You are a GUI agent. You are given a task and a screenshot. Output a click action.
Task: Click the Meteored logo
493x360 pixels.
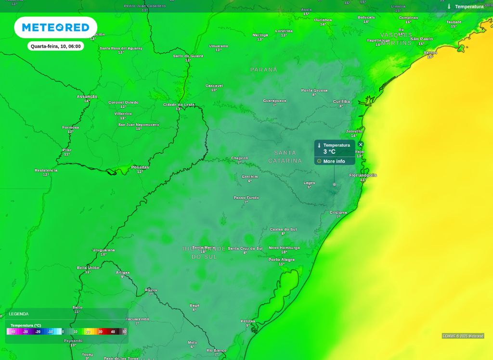point(55,27)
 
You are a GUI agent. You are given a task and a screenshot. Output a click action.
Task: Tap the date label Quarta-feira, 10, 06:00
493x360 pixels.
point(56,46)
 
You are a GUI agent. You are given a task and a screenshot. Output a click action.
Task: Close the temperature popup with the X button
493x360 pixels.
point(361,144)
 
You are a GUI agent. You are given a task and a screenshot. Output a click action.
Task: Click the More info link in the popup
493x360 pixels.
point(334,161)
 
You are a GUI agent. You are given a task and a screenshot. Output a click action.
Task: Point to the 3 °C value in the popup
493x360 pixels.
point(329,152)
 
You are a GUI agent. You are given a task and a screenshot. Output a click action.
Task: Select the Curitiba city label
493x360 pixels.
point(341,102)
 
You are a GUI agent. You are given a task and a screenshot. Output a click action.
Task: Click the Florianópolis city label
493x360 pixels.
point(363,175)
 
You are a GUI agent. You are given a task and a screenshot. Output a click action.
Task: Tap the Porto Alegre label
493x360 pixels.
point(282,259)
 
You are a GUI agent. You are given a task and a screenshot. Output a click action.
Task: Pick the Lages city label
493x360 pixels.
point(309,183)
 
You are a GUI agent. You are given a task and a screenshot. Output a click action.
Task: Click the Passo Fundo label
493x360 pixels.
point(246,197)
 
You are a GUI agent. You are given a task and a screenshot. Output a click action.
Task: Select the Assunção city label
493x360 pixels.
point(87,96)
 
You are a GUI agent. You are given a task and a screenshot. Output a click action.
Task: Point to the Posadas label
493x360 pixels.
point(140,167)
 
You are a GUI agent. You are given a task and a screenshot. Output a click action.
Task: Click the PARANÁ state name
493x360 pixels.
point(264,70)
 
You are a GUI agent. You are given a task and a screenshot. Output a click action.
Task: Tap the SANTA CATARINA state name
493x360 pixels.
point(285,157)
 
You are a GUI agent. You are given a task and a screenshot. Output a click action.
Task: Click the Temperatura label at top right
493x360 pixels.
point(469,7)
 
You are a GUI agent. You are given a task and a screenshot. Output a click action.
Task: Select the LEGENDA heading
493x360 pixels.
point(19,314)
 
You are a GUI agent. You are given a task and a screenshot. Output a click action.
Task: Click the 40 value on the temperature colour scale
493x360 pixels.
point(113,332)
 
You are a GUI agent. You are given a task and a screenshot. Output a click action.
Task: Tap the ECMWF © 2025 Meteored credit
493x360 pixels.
point(463,336)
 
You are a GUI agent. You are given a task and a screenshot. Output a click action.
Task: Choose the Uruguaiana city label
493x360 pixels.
point(104,250)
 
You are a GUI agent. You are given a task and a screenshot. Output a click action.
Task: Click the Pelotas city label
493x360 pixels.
point(248,321)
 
